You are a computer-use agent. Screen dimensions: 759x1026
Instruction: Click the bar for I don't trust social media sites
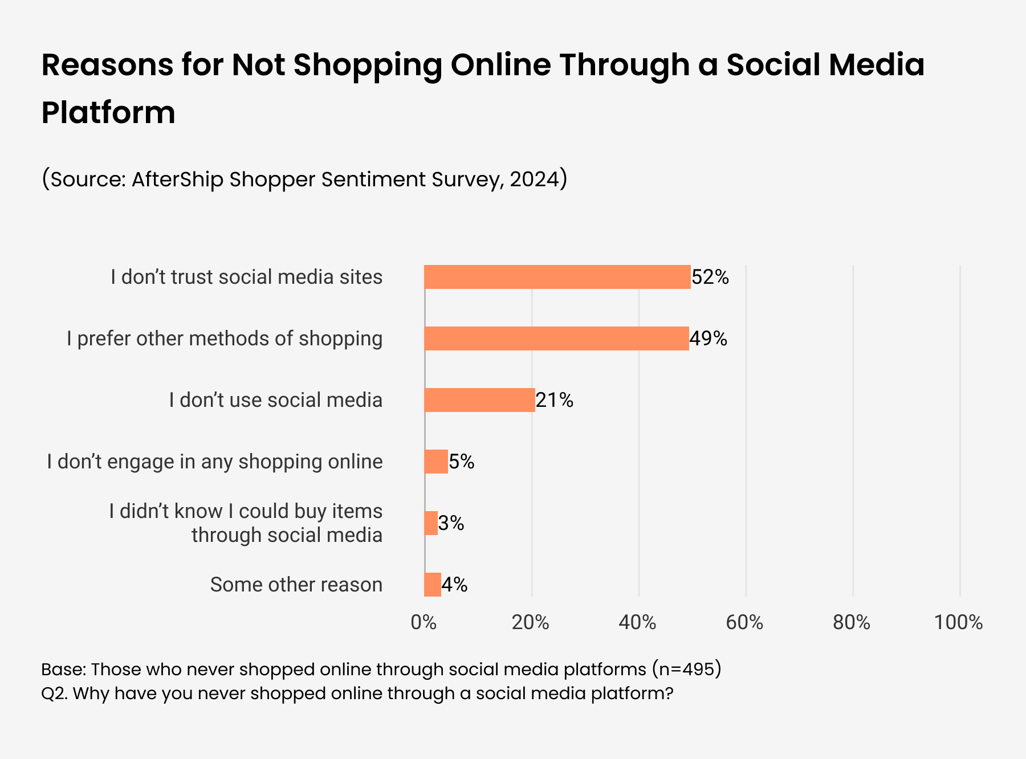click(x=557, y=277)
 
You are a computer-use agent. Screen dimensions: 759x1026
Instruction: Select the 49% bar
click(x=556, y=338)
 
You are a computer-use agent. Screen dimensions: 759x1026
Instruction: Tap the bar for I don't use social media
click(x=479, y=400)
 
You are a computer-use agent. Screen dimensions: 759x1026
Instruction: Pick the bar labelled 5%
click(x=436, y=462)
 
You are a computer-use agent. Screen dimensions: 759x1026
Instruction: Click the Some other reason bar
click(x=433, y=585)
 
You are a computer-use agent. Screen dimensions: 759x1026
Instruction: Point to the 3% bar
click(x=431, y=523)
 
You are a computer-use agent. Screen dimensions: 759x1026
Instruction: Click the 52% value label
click(x=710, y=278)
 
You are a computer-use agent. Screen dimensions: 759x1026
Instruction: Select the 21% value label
click(x=555, y=401)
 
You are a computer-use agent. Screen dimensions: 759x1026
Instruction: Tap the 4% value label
click(x=455, y=585)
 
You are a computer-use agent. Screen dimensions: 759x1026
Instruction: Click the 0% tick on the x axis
click(x=424, y=623)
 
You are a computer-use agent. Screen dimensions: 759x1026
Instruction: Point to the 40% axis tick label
click(x=637, y=623)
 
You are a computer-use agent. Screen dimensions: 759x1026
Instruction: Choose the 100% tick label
click(x=958, y=623)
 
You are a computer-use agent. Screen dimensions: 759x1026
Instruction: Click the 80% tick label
click(x=852, y=623)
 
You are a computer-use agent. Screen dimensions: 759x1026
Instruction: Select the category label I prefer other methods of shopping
click(x=225, y=338)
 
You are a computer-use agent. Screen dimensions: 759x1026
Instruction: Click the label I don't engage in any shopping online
click(x=215, y=462)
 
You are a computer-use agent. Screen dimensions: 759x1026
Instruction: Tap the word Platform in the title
click(x=108, y=112)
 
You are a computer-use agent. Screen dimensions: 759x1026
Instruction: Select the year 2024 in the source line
click(x=534, y=179)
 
